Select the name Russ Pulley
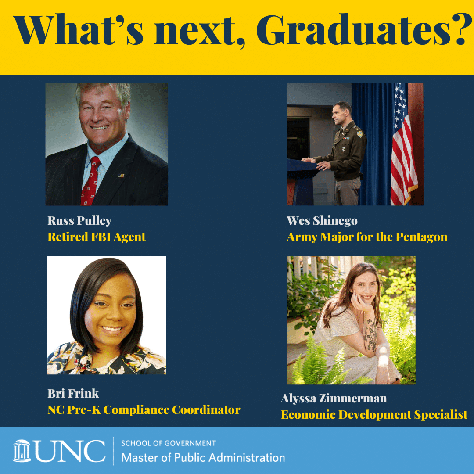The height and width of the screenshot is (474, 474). coord(79,221)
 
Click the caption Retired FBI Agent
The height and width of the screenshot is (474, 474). coord(96,237)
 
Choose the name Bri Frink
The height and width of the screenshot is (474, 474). coord(73,393)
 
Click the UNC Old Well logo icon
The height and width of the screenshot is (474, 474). coord(22,450)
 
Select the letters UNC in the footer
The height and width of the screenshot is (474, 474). coord(70,451)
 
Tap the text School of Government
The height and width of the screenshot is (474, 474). coord(168,443)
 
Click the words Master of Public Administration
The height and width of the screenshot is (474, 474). coord(203,458)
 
